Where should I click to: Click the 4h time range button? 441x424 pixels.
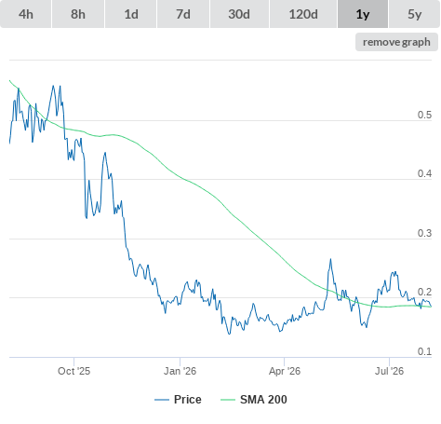click(26, 14)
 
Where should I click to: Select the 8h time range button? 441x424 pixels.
click(78, 14)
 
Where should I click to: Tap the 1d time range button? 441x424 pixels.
click(131, 14)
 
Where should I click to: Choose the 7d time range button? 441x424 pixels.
click(183, 14)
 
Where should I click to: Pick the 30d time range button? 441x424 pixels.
click(239, 14)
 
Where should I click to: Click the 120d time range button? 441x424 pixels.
click(303, 14)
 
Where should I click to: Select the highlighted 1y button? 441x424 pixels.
click(363, 14)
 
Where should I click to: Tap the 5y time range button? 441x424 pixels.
click(415, 14)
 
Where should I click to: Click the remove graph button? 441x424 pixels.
click(396, 42)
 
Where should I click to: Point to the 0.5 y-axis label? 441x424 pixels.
click(424, 115)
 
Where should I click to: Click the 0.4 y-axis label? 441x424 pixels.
click(424, 173)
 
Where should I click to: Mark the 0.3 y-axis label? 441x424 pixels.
click(424, 233)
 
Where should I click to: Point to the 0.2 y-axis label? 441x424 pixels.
click(424, 292)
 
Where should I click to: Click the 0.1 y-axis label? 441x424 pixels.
click(424, 351)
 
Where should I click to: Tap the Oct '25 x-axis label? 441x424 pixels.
click(73, 371)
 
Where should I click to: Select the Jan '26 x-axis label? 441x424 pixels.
click(180, 371)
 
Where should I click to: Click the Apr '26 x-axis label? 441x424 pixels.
click(285, 371)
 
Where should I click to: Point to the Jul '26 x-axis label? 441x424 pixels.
click(389, 371)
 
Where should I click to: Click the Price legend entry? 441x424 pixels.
click(178, 400)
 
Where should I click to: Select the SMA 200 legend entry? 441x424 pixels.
click(254, 400)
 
